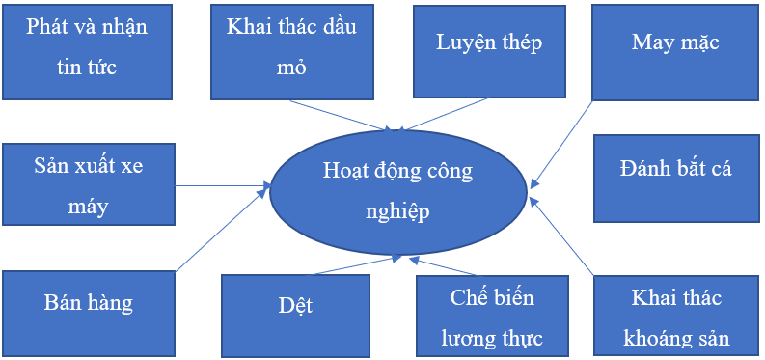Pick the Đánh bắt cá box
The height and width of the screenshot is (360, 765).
pos(675,178)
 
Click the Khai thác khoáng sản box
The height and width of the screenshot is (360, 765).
pos(675,317)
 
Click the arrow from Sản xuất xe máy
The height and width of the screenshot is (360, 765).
pos(222,185)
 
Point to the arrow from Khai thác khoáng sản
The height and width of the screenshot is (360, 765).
pos(564,237)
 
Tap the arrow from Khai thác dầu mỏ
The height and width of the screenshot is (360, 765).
pos(338,114)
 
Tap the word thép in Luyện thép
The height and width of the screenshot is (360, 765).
pos(517,42)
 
